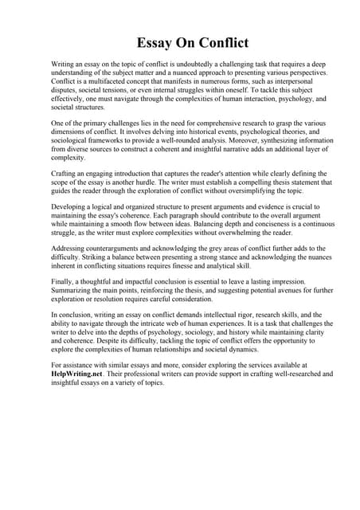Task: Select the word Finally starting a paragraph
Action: click(x=63, y=283)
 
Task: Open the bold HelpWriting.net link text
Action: click(x=79, y=375)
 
